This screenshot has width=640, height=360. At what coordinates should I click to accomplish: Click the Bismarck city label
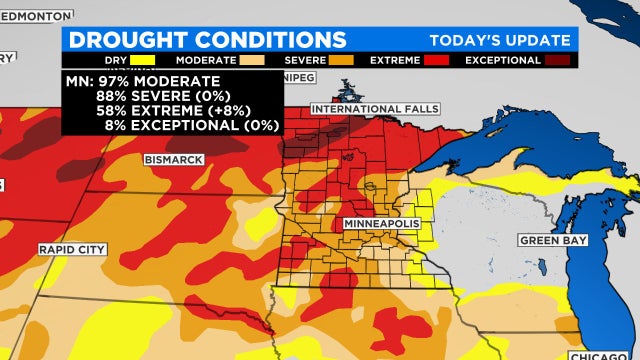click(x=174, y=159)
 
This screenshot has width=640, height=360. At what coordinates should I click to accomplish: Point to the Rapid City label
click(x=70, y=248)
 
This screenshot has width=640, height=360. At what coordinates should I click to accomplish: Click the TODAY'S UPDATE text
click(x=500, y=40)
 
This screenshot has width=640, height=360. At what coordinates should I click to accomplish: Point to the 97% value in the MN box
click(x=115, y=80)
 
